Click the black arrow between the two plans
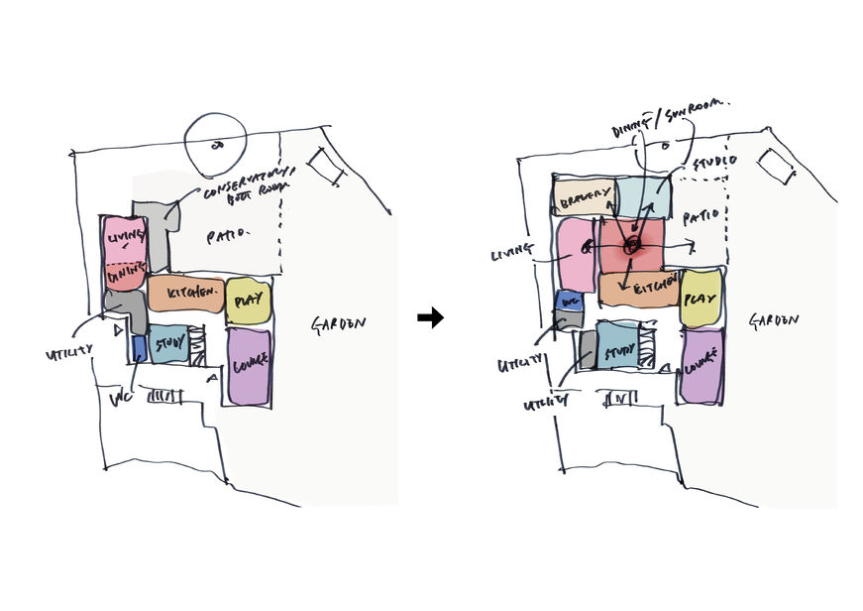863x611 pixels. [430, 317]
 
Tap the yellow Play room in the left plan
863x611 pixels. [248, 302]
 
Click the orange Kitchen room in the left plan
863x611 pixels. [185, 293]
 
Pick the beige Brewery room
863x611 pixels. [584, 198]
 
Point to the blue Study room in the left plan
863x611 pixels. [168, 348]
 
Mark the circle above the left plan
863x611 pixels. [217, 143]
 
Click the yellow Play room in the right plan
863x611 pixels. [701, 299]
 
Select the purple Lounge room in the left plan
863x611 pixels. [249, 365]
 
